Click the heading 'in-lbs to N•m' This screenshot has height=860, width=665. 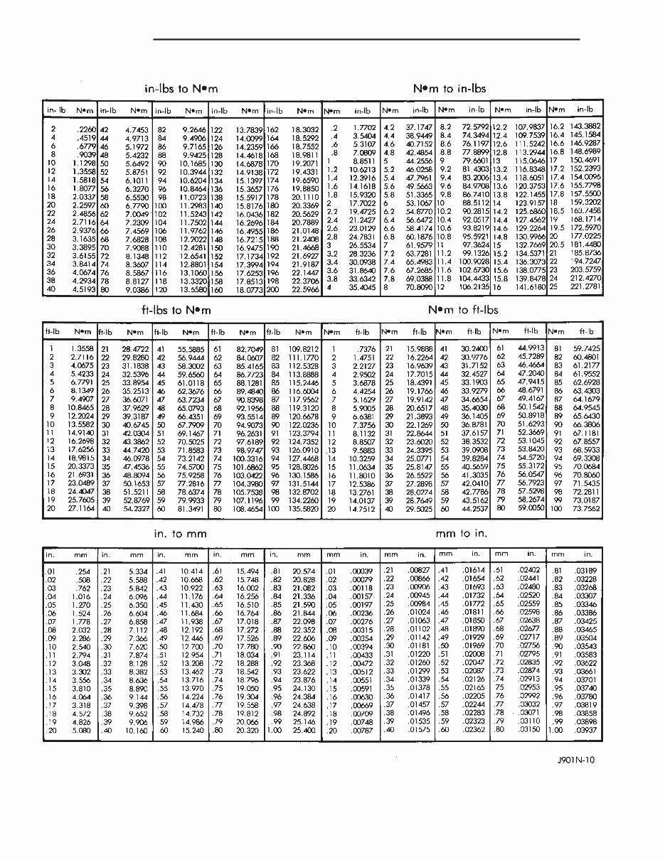pyautogui.click(x=181, y=89)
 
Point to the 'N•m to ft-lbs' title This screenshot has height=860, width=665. pyautogui.click(x=463, y=311)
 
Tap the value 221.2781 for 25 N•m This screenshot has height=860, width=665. pyautogui.click(x=585, y=288)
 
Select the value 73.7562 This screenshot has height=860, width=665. pyautogui.click(x=585, y=510)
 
